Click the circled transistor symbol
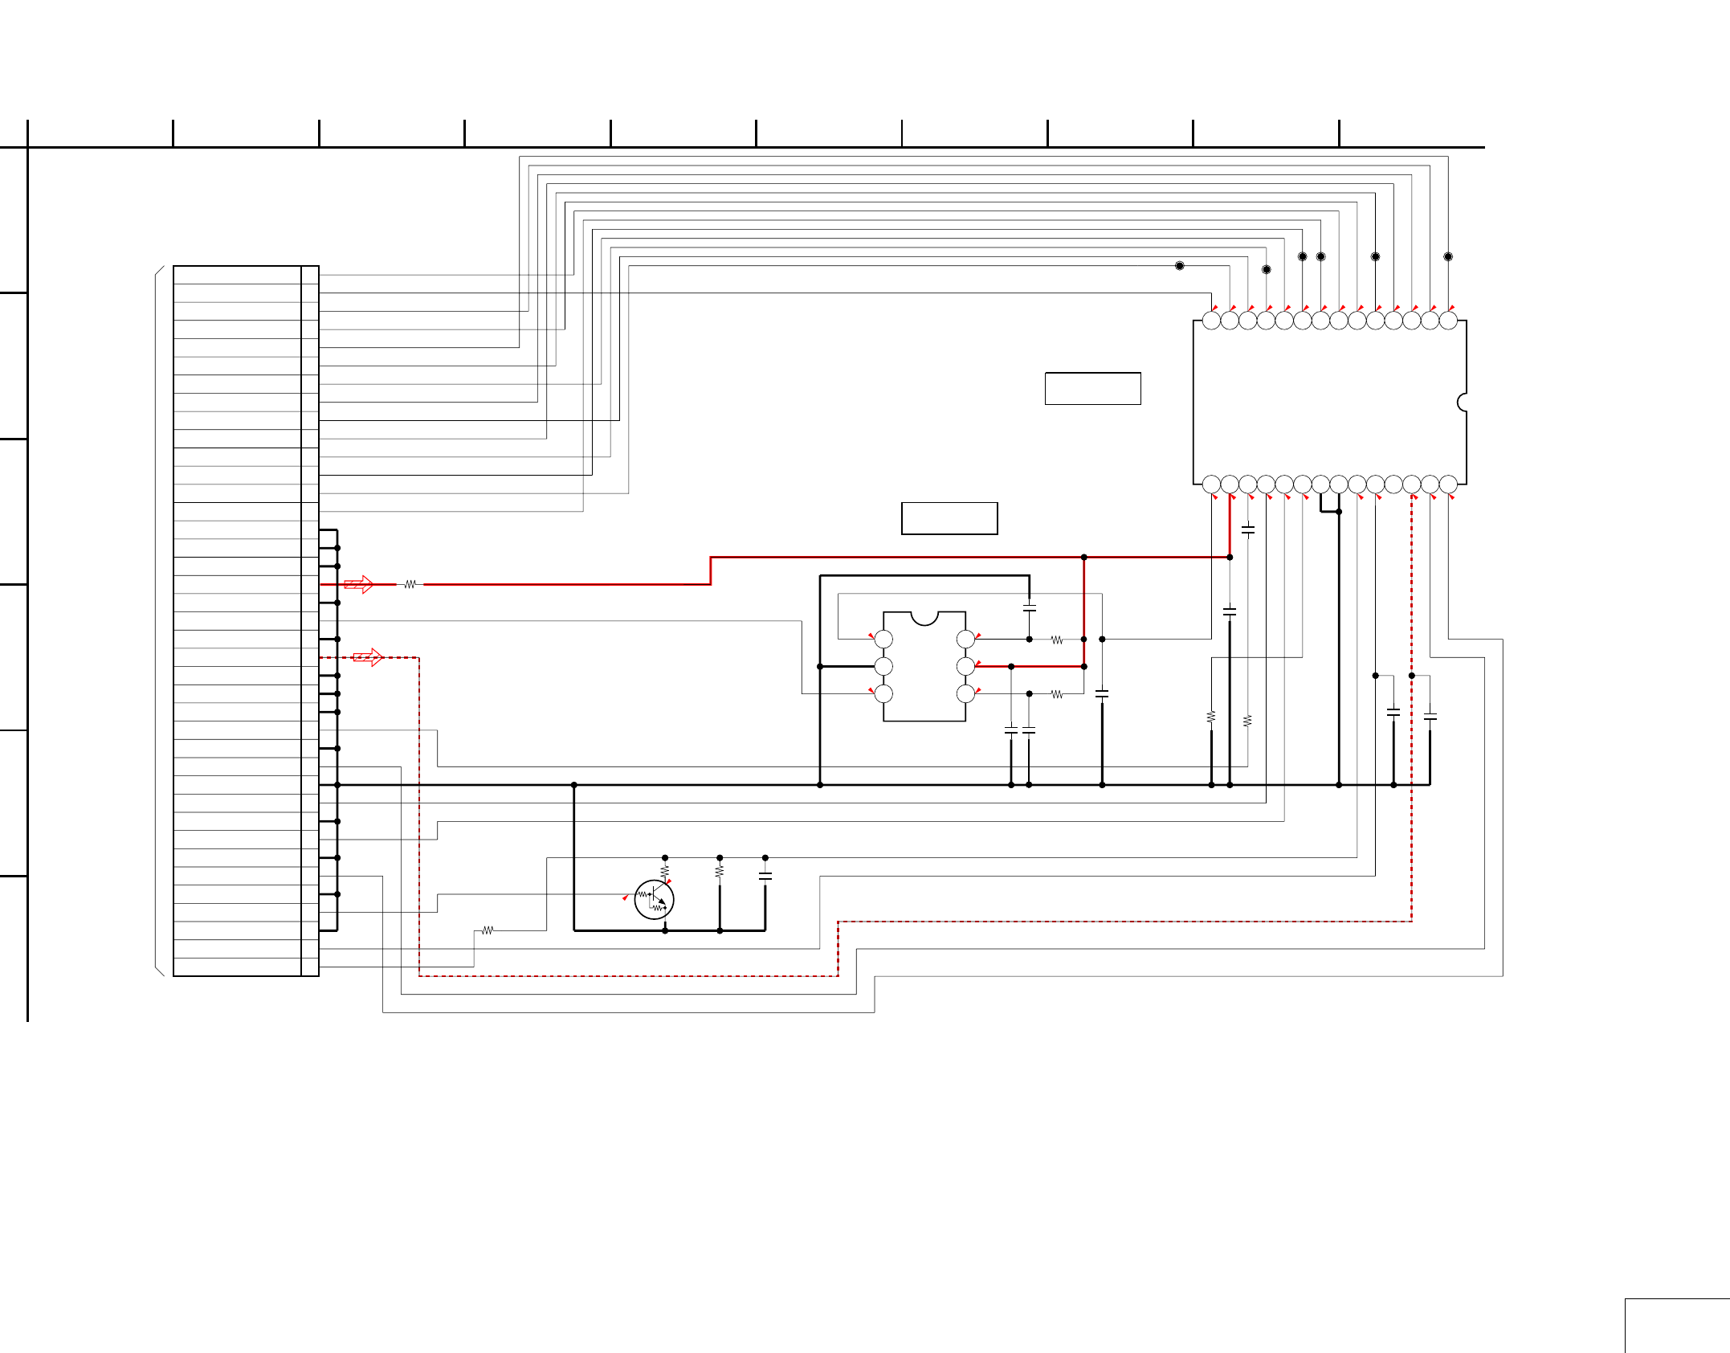pos(654,899)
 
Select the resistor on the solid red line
pos(410,584)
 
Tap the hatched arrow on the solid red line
pos(358,584)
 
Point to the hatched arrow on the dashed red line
pos(367,657)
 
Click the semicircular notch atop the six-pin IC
pos(924,617)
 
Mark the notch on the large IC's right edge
pos(1463,402)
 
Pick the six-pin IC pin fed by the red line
pos(965,666)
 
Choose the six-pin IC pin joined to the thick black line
pos(883,666)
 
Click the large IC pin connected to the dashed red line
pos(1411,484)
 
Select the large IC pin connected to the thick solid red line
pos(1230,484)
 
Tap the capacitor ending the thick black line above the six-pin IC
pos(1029,608)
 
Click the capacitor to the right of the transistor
pos(765,877)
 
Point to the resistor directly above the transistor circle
pos(665,870)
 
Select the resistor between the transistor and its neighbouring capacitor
pos(720,870)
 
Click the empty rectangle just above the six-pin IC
pos(949,518)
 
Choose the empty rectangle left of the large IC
pos(1092,388)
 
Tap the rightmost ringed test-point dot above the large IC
pos(1448,256)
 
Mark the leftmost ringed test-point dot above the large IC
pos(1180,265)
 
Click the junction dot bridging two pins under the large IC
pos(1339,511)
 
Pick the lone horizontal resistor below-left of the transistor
pos(488,930)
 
